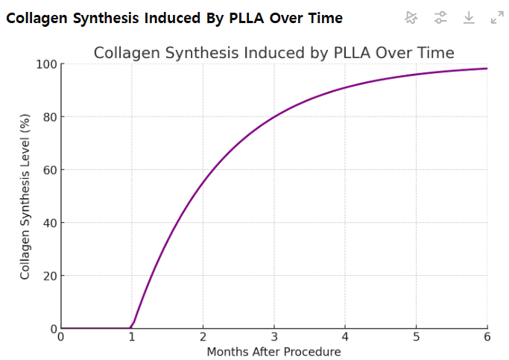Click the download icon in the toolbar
click(469, 17)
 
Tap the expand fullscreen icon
click(497, 17)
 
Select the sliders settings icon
click(440, 17)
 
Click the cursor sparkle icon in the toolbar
click(411, 17)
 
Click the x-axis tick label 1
click(132, 337)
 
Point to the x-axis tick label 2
click(203, 337)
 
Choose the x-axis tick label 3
click(274, 337)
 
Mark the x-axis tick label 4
click(345, 337)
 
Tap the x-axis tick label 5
click(417, 337)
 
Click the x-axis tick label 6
click(487, 337)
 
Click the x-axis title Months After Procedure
click(274, 352)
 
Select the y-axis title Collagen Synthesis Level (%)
click(25, 197)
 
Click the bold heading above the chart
click(174, 18)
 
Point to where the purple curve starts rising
click(132, 327)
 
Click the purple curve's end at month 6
click(487, 69)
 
